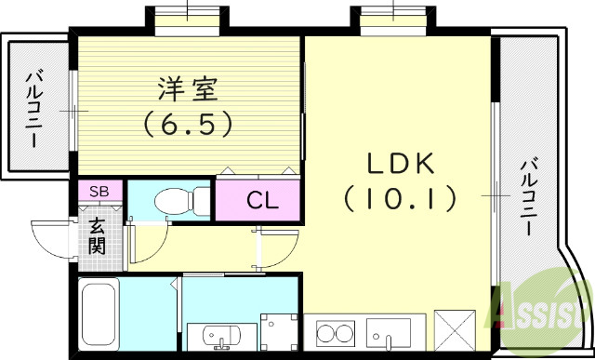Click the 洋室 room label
click(x=187, y=91)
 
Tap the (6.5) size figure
click(x=187, y=124)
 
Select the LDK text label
click(x=400, y=165)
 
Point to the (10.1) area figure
click(x=401, y=197)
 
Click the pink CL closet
click(x=259, y=198)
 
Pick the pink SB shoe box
click(x=100, y=191)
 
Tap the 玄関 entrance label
click(x=99, y=236)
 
